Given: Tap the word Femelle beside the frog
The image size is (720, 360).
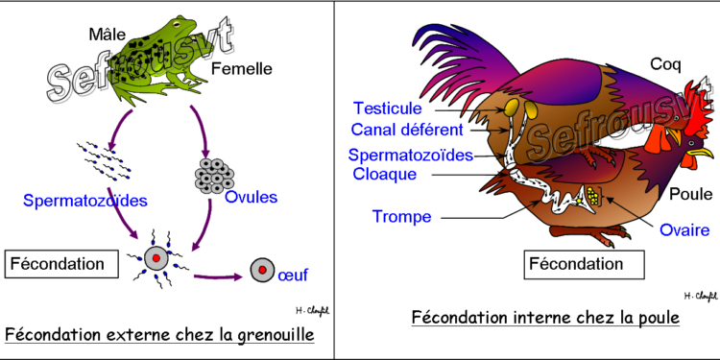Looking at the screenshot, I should (244, 68).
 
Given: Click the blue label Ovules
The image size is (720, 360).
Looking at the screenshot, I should (251, 198).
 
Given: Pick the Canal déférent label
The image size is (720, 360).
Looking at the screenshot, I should (408, 130).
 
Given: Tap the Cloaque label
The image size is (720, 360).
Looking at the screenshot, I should (385, 174).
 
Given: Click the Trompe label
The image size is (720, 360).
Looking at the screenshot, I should (401, 216).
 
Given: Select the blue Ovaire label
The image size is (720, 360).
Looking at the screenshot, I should (684, 229).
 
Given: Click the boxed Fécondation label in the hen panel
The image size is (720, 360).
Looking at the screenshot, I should (576, 262).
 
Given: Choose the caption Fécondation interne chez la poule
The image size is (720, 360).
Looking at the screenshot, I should (544, 316).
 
